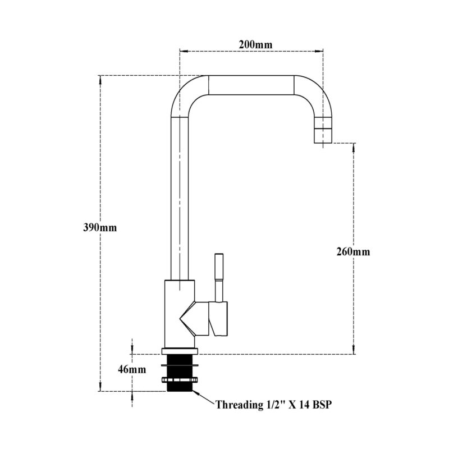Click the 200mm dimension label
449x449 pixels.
(x=255, y=44)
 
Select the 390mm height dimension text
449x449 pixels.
(x=100, y=228)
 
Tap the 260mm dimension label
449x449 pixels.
(x=353, y=251)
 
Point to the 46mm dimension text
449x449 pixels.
(x=132, y=369)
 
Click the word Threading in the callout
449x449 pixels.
(x=237, y=405)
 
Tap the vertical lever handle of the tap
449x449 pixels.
(x=219, y=277)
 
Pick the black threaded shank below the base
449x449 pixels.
(x=180, y=373)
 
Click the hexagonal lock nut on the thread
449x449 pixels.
(x=180, y=380)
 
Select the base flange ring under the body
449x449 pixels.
(x=180, y=351)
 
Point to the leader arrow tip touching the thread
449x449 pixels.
(x=193, y=391)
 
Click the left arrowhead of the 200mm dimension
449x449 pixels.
(x=184, y=52)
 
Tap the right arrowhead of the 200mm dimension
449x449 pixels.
(x=319, y=52)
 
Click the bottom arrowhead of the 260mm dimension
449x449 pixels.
(x=354, y=350)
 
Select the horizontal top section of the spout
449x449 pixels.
(x=251, y=85)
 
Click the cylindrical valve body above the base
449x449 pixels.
(x=180, y=314)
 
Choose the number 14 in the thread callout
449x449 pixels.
(x=304, y=405)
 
